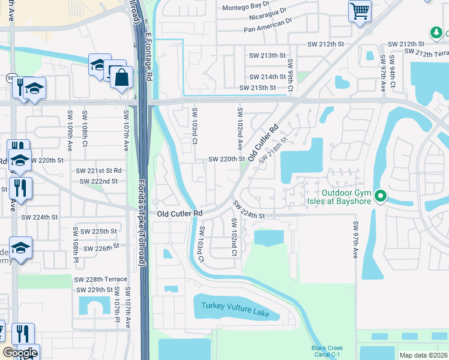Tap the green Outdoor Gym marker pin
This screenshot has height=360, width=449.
point(379,196)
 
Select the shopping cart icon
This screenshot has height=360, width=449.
point(360,10)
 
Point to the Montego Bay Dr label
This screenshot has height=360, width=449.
point(247,7)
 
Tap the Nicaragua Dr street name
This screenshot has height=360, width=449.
point(262,18)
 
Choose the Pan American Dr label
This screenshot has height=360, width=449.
point(267,29)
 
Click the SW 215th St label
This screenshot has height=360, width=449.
point(257,88)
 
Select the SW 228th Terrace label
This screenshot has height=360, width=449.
point(100,280)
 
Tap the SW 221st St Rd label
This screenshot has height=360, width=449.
point(98,171)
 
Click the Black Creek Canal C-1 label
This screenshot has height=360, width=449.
point(327,351)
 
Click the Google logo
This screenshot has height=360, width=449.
point(20,352)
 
